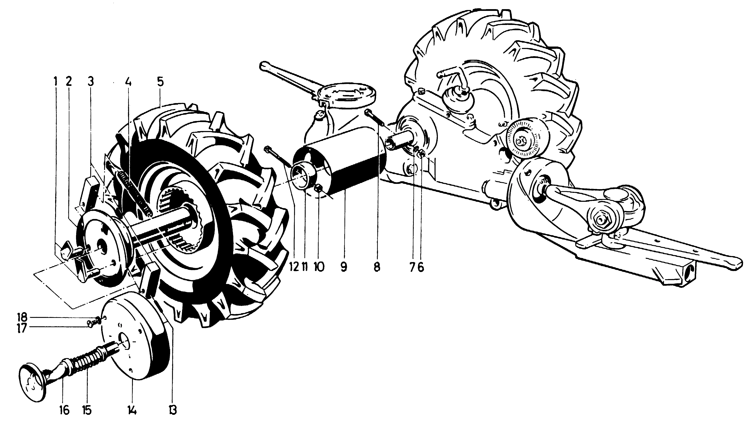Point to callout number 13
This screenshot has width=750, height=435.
tap(172, 410)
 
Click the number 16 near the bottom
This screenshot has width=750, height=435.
tap(64, 410)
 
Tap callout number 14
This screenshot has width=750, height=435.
tap(132, 410)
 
